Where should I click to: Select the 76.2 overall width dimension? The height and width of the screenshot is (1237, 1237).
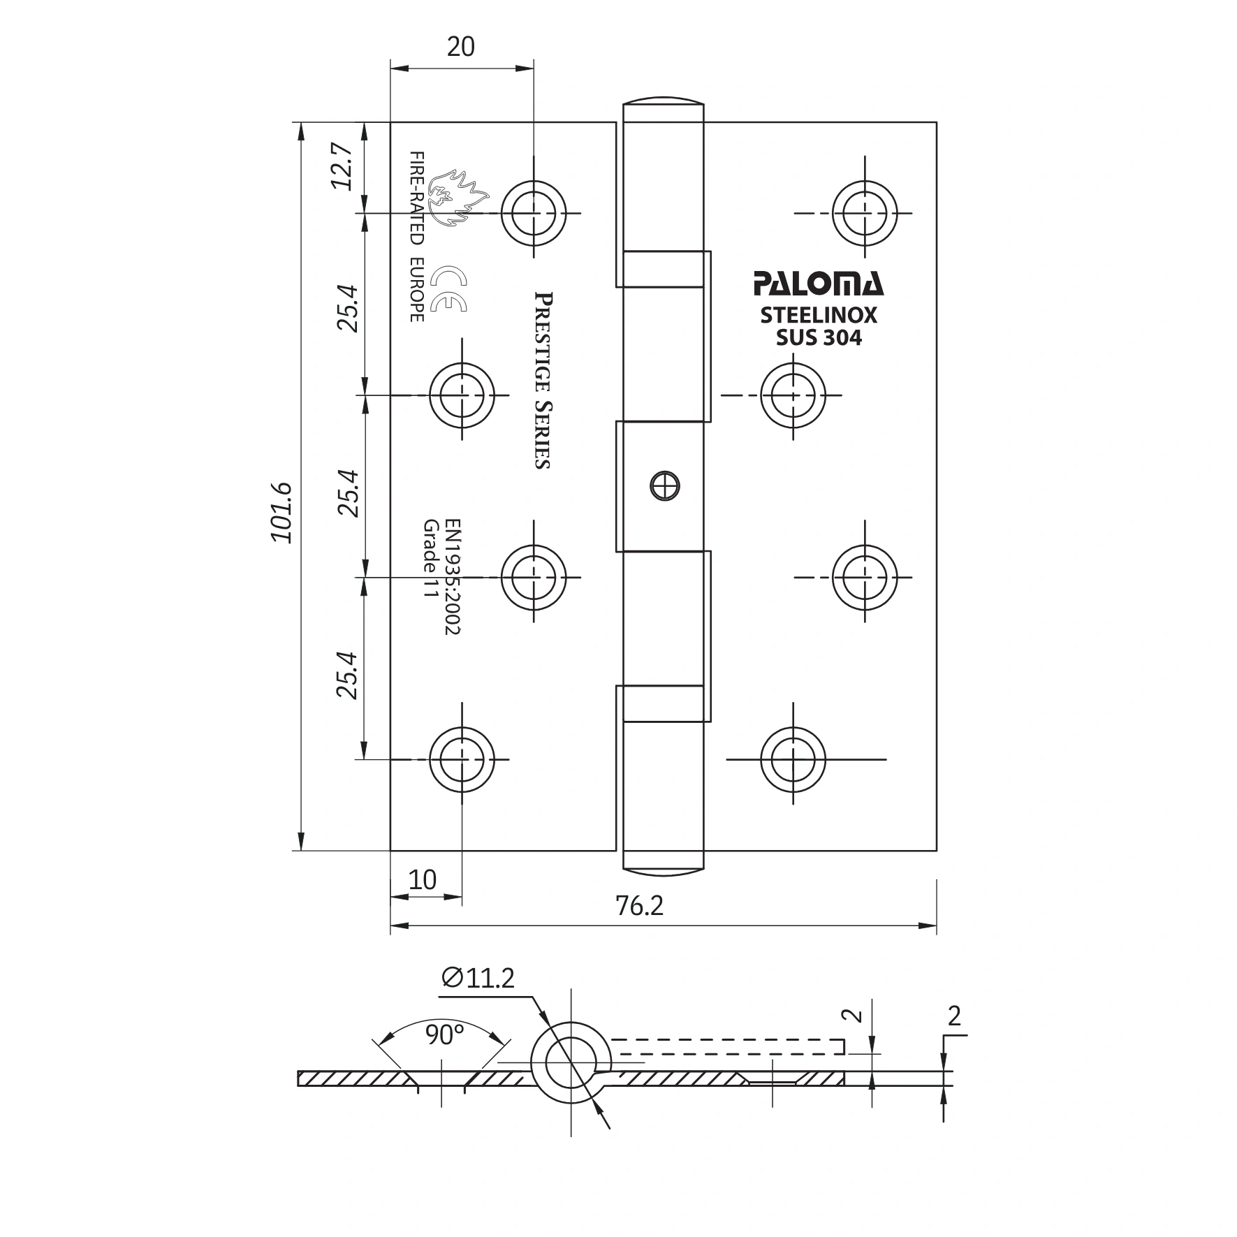click(x=639, y=906)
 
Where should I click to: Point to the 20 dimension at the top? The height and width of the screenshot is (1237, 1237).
click(x=460, y=47)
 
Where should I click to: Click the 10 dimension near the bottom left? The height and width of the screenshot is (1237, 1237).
click(x=423, y=879)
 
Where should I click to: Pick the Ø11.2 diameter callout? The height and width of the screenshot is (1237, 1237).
click(x=478, y=979)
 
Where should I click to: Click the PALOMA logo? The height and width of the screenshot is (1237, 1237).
click(x=818, y=284)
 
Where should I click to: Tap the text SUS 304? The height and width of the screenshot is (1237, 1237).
click(x=819, y=338)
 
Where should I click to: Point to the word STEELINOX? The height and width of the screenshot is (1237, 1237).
click(x=818, y=316)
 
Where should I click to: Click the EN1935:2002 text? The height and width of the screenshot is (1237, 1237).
click(x=452, y=576)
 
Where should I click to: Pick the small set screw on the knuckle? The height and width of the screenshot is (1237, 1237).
click(x=664, y=485)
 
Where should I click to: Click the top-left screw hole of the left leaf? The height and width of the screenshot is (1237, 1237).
click(x=534, y=212)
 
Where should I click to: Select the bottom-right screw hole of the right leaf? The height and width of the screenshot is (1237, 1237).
click(x=793, y=759)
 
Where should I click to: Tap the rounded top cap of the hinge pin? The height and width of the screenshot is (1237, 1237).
click(x=663, y=104)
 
